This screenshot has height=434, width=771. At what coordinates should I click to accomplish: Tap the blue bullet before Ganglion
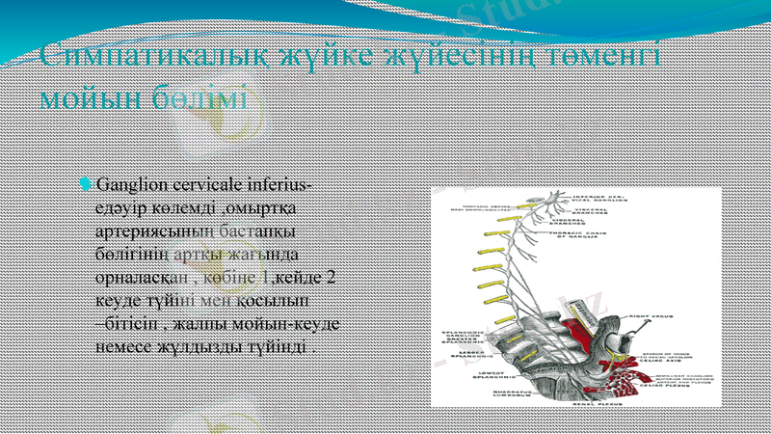[x=86, y=183]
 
